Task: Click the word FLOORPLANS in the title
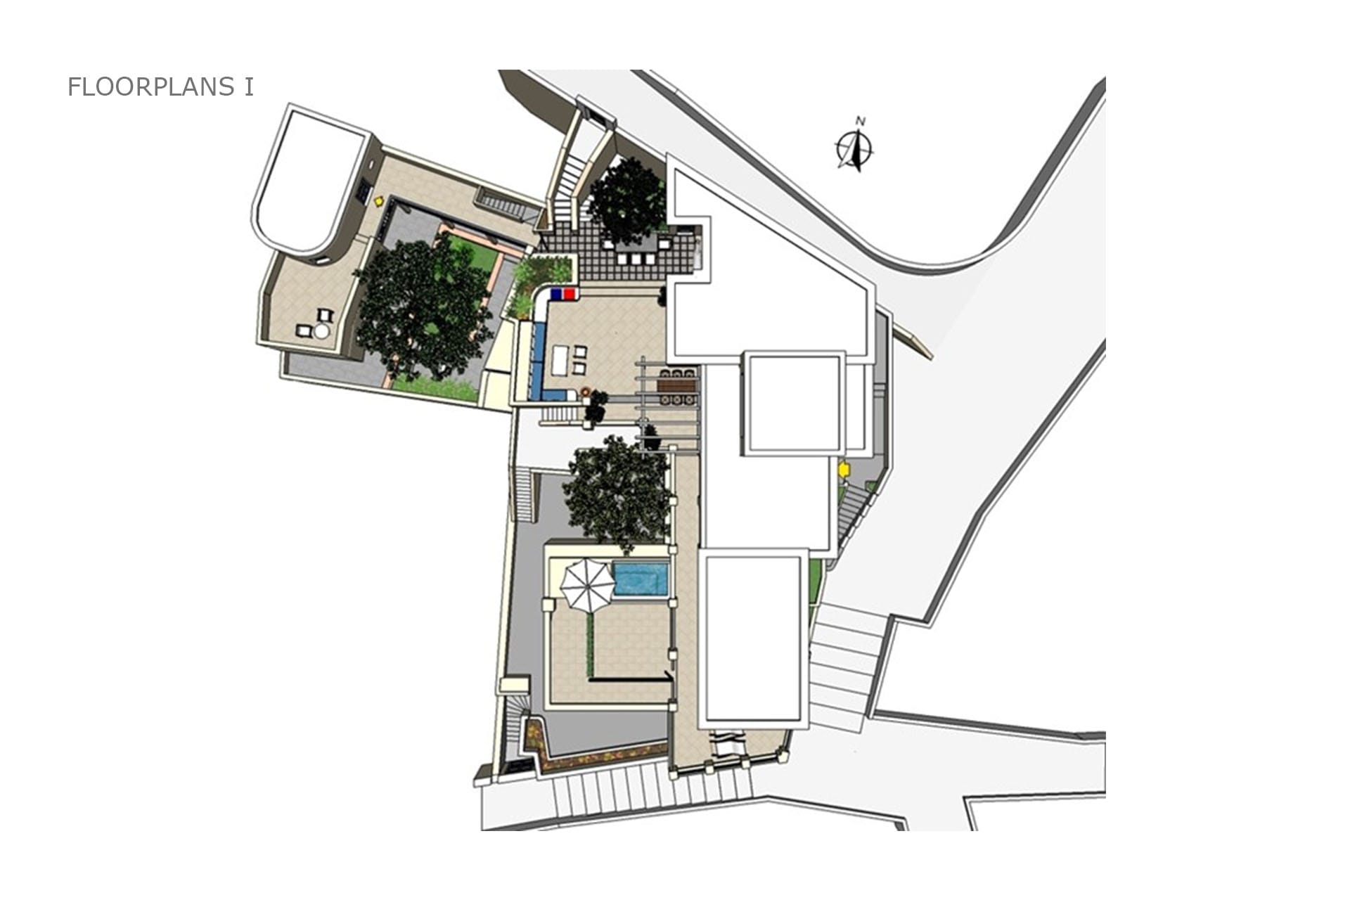[151, 86]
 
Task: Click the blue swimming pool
[641, 578]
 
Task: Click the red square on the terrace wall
[569, 293]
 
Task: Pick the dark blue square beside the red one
[556, 293]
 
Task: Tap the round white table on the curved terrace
[322, 332]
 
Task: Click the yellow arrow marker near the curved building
[379, 201]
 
